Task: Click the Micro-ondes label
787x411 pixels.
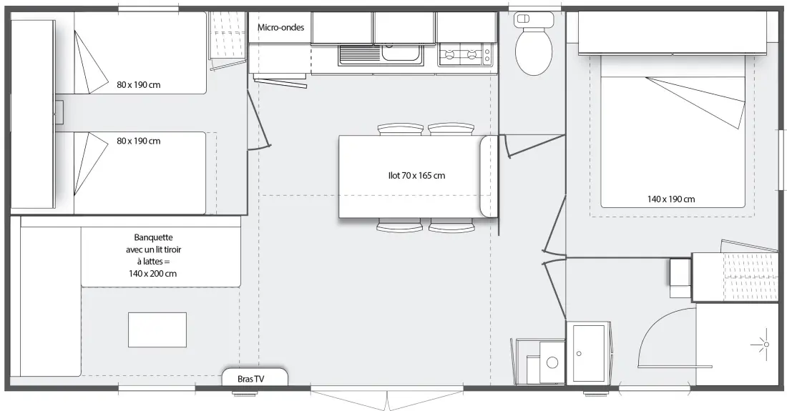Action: (x=280, y=27)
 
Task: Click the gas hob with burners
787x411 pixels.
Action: (x=465, y=54)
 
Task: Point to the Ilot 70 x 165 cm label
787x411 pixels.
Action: (x=416, y=175)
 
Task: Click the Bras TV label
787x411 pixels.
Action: (x=250, y=379)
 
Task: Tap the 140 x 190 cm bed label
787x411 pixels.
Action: (x=671, y=199)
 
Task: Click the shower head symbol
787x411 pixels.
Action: (x=766, y=344)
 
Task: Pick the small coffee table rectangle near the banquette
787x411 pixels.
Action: (x=157, y=330)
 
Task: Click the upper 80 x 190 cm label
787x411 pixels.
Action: (x=139, y=85)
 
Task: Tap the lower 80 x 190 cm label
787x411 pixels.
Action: (x=139, y=141)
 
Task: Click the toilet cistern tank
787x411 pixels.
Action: (x=534, y=19)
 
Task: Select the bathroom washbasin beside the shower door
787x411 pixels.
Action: (x=589, y=354)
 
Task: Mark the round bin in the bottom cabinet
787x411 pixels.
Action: (x=552, y=362)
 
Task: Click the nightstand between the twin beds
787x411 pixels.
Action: (x=59, y=112)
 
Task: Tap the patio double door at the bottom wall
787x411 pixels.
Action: (x=387, y=397)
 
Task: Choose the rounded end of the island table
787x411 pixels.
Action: (x=489, y=177)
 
